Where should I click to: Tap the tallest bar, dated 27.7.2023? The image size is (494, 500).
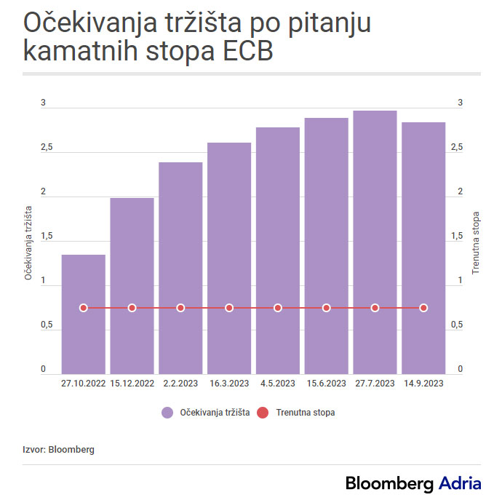(375, 218)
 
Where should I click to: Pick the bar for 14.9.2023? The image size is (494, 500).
(423, 218)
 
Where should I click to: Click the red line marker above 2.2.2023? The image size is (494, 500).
(180, 308)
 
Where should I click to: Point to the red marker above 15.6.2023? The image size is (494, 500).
(327, 308)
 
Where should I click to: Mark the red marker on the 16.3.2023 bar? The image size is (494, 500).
(229, 308)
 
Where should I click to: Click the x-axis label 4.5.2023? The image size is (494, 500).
(278, 384)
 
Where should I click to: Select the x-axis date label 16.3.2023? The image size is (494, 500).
(229, 384)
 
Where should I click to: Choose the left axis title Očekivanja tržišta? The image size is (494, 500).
(28, 242)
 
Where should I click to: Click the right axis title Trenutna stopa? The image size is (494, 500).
(477, 242)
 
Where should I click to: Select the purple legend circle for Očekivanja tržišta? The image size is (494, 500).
(167, 413)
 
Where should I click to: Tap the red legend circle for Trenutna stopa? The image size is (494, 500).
(263, 413)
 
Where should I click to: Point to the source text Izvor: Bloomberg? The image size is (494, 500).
(58, 450)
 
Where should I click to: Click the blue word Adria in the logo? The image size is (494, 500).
(460, 483)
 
